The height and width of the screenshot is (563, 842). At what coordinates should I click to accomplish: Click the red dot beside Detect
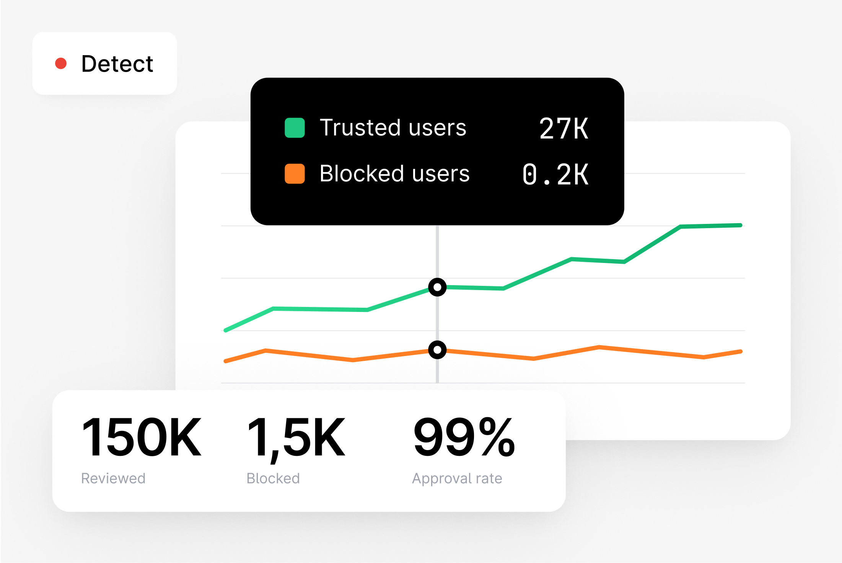click(61, 64)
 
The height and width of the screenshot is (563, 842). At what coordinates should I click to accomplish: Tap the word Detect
click(117, 64)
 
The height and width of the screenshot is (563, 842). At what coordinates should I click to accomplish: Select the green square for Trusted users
click(295, 128)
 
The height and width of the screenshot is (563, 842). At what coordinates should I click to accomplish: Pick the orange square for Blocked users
click(295, 174)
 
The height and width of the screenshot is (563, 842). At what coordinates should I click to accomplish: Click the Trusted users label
click(393, 127)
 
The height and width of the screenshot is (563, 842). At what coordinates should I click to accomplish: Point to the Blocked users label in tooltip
click(394, 174)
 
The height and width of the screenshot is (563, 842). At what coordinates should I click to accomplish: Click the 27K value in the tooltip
click(564, 128)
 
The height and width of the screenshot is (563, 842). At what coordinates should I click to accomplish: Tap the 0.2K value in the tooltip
click(555, 175)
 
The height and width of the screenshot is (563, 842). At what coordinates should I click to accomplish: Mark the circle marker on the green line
click(437, 287)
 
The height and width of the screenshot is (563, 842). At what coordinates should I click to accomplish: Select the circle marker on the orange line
click(437, 350)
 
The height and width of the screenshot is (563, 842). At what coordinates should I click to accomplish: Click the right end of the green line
click(740, 225)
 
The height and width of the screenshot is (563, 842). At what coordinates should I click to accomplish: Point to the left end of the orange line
click(226, 361)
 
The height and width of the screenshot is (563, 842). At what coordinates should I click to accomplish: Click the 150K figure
click(141, 437)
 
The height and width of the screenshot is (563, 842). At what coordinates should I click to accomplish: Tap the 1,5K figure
click(296, 438)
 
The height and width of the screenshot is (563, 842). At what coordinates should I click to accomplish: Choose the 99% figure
click(464, 437)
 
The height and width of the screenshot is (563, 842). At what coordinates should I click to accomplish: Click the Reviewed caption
click(113, 478)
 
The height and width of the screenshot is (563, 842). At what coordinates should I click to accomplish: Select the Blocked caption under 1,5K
click(273, 478)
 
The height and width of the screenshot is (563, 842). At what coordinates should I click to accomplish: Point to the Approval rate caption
click(457, 478)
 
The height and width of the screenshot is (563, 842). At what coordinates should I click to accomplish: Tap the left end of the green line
click(226, 330)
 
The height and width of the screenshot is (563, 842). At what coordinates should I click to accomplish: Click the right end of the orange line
click(741, 351)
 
